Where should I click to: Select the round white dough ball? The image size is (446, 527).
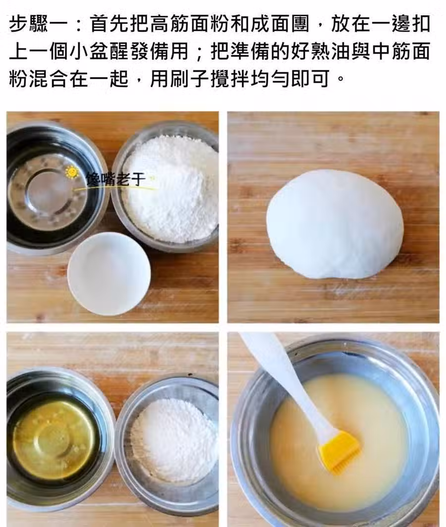[x=334, y=224]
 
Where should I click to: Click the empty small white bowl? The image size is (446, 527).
[x=109, y=273]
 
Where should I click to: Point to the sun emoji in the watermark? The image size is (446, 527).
[x=72, y=172]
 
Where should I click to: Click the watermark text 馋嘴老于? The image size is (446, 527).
[x=115, y=179]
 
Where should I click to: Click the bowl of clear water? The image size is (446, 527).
[x=54, y=188]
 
